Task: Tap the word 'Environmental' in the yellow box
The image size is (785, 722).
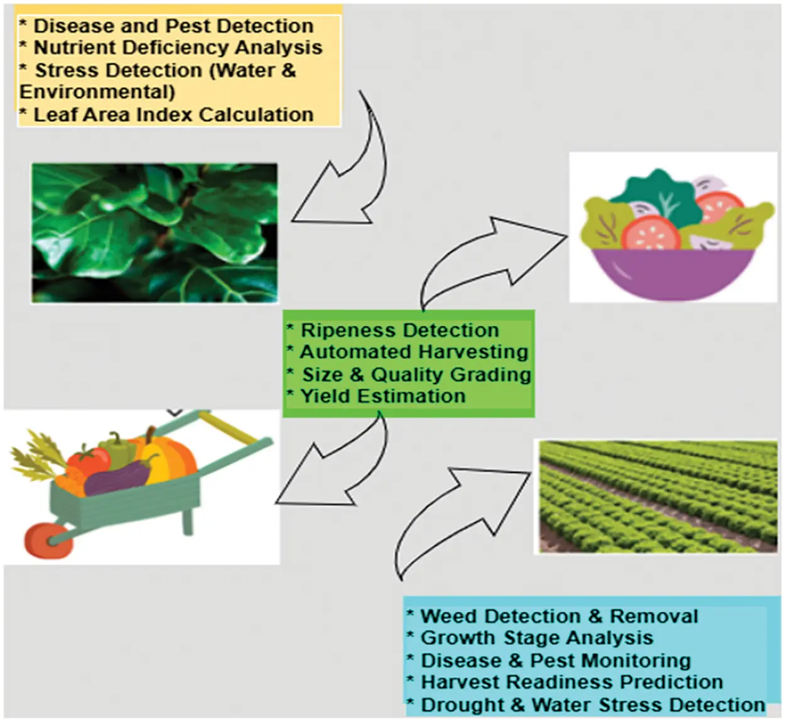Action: coord(97,92)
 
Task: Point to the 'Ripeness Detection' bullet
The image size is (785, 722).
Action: coord(399,331)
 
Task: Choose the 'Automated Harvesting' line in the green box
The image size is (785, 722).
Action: coord(414,352)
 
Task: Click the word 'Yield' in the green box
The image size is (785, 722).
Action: coord(325,397)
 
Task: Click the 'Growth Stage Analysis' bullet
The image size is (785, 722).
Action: coord(536,638)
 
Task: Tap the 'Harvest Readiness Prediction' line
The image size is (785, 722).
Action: coord(571,682)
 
